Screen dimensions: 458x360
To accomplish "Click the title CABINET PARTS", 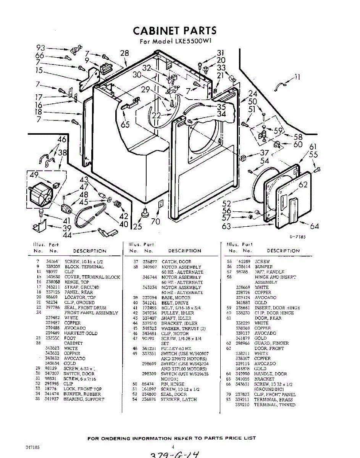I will click(x=174, y=31).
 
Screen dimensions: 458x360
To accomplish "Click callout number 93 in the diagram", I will click(x=40, y=48).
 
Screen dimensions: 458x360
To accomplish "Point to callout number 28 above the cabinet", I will click(x=125, y=53).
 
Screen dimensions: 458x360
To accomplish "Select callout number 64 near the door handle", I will click(x=314, y=226).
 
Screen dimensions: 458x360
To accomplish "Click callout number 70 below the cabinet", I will click(x=155, y=221).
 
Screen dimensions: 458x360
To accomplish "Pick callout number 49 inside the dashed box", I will click(x=34, y=175).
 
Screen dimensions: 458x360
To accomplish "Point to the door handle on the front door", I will click(x=293, y=210).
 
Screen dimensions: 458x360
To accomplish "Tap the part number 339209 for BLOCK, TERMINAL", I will click(x=53, y=267).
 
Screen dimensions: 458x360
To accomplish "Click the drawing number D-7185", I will click(x=297, y=237).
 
